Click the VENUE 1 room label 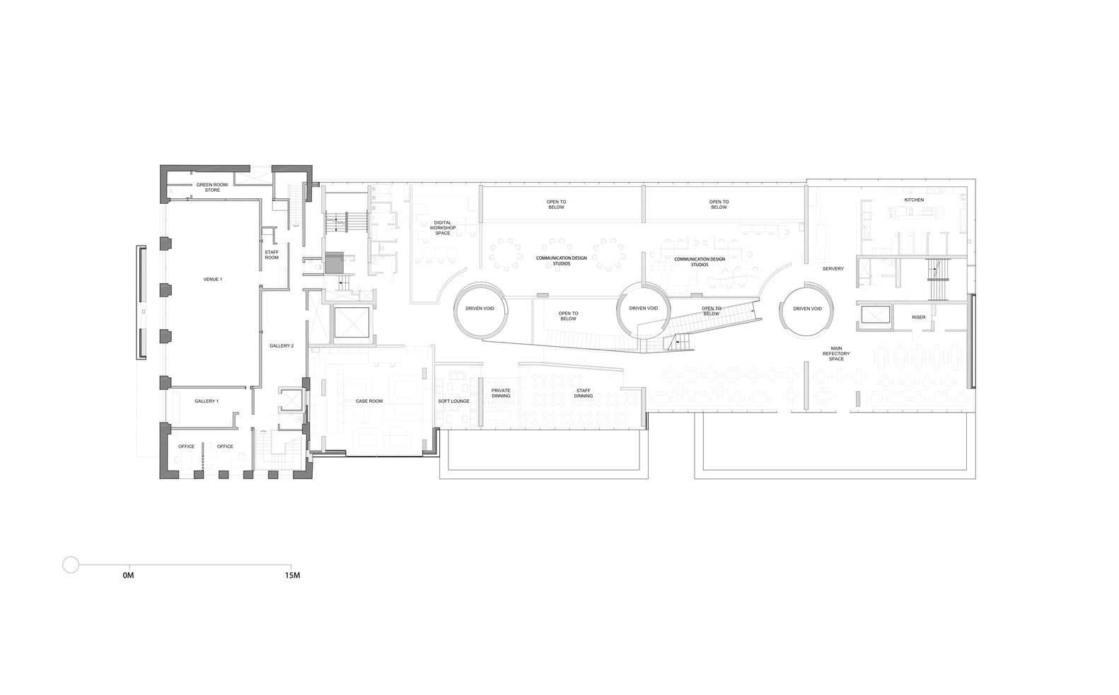(x=212, y=280)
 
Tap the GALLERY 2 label (x=282, y=345)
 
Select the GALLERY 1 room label (x=207, y=401)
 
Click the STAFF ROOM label (x=272, y=255)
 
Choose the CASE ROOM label (x=369, y=401)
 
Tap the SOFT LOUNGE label (x=453, y=401)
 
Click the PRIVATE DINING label (x=501, y=393)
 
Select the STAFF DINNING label (x=584, y=393)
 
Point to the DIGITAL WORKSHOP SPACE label (x=443, y=227)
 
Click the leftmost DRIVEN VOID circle (x=480, y=309)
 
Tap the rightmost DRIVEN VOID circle (x=807, y=309)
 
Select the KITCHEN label (x=914, y=200)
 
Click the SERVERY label (x=833, y=269)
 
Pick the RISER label (x=918, y=317)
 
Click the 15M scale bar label (x=293, y=576)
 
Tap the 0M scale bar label (x=128, y=576)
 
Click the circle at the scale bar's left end (x=71, y=564)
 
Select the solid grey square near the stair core (x=333, y=263)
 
